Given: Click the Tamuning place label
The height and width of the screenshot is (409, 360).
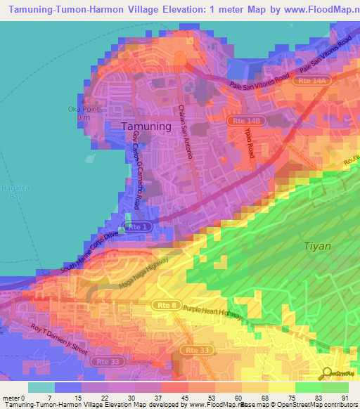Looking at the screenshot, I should [146, 126].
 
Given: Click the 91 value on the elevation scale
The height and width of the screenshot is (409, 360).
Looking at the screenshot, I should [344, 398].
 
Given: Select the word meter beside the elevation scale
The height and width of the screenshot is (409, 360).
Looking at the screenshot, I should [11, 398].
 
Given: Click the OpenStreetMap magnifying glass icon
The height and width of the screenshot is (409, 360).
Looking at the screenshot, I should [328, 374].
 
